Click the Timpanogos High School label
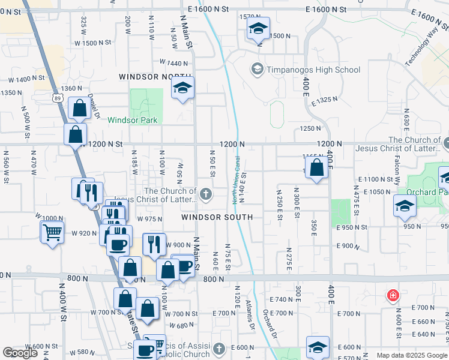(313, 70)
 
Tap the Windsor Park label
(133, 120)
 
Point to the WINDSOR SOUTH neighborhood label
(217, 216)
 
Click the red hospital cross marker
(393, 296)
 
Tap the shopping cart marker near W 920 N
(53, 231)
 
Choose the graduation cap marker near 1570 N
(258, 28)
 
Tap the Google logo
(20, 353)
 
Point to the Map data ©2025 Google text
(412, 355)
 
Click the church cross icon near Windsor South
(206, 193)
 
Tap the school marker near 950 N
(405, 205)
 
